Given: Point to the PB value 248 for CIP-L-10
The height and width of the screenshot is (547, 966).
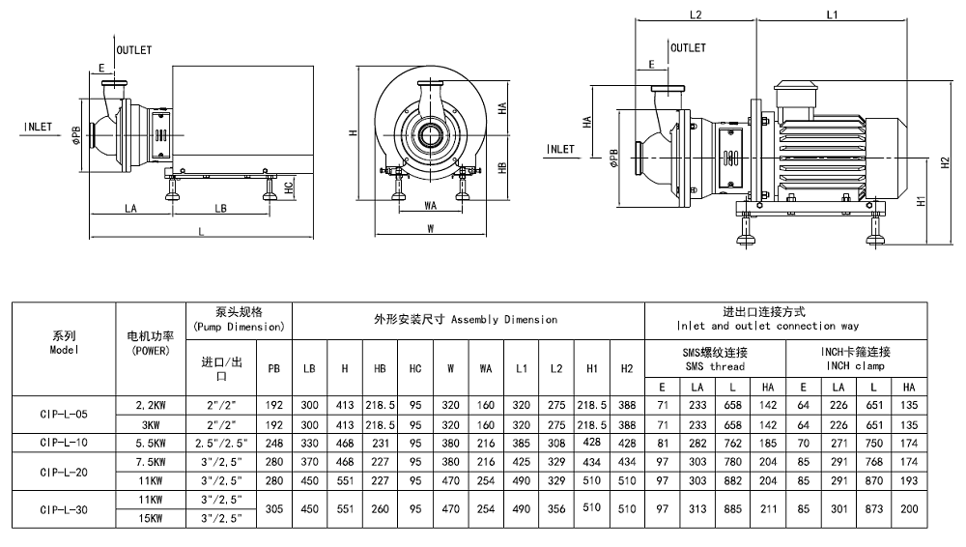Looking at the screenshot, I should click(x=274, y=442).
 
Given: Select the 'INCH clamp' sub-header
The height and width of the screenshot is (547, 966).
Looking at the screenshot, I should click(x=857, y=366).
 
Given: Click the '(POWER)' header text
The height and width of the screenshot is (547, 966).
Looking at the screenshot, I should click(x=150, y=350).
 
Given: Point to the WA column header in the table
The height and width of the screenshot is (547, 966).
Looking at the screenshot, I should click(x=485, y=369).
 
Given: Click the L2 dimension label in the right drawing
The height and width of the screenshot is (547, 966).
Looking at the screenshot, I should click(x=696, y=14).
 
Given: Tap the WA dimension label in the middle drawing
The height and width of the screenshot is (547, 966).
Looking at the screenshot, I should click(x=431, y=205).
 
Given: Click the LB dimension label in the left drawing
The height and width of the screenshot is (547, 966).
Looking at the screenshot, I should click(x=220, y=208).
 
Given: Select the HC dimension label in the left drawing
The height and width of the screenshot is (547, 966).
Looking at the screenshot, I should click(x=289, y=187).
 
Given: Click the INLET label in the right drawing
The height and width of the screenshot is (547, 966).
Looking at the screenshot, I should click(x=560, y=149).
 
